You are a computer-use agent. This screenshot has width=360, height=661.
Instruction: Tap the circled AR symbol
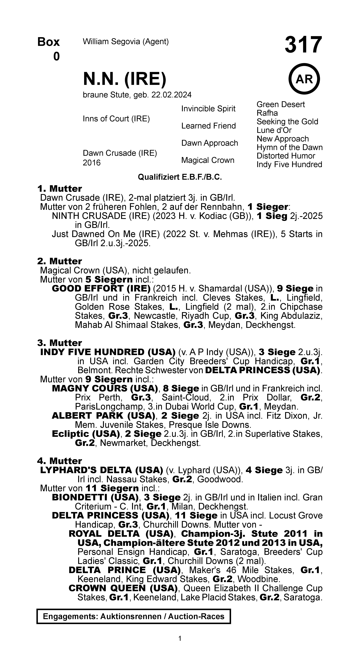pos(304,79)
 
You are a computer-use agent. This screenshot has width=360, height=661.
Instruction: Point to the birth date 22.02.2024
pos(171,95)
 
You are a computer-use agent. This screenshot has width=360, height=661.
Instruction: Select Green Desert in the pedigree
pos(280,104)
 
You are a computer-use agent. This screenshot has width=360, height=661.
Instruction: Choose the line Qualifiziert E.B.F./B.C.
pos(180,177)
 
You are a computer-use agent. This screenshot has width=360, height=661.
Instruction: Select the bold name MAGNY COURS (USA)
pos(105,388)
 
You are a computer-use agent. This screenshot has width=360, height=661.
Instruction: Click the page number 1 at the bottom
pos(180,638)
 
